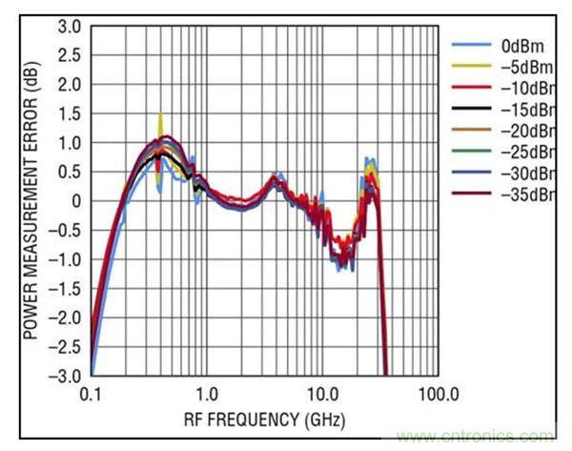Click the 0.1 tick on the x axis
92,393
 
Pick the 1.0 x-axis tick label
207,393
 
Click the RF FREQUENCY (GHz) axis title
264,419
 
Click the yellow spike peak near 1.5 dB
159,114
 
